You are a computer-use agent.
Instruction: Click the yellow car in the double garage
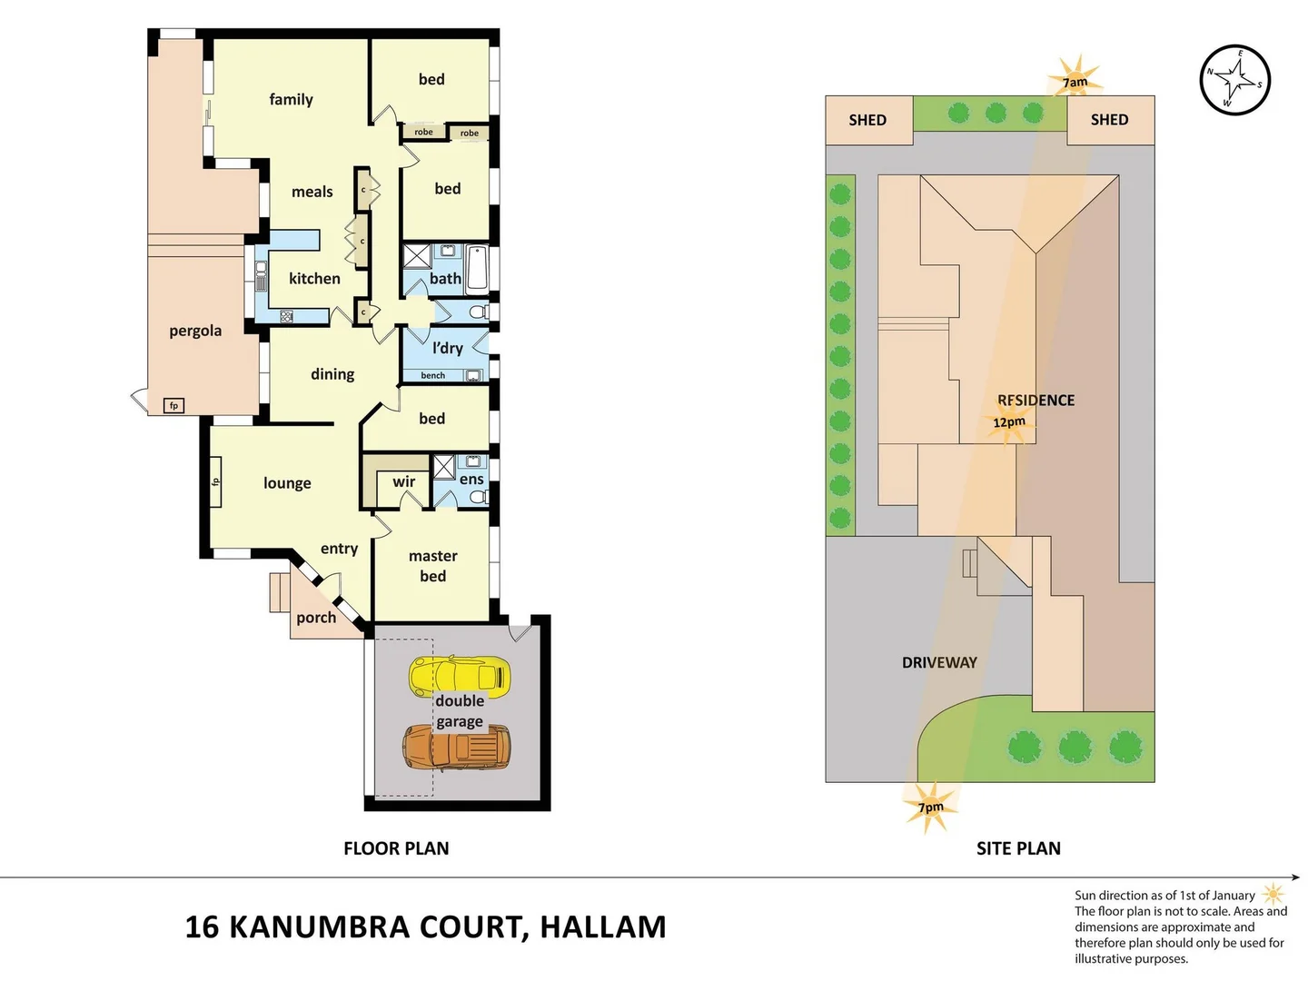pos(460,676)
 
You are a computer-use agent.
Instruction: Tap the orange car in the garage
pos(457,747)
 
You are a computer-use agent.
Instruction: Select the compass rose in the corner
pos(1234,80)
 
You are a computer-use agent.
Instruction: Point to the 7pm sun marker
pos(930,807)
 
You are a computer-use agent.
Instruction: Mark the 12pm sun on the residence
pos(1009,422)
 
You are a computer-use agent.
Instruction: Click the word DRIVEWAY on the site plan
pos(939,662)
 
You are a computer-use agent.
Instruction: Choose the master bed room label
pos(433,566)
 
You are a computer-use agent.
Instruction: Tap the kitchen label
pos(314,278)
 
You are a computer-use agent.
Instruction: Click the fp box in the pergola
pos(173,405)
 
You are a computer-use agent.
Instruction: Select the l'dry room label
pos(448,348)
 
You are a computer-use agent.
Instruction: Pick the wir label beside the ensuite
pos(404,481)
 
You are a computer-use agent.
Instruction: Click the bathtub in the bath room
pos(477,268)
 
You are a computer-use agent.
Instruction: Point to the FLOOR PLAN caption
pos(396,848)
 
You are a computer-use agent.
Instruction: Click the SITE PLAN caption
pos(1018,848)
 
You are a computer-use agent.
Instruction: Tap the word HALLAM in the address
pos(603,926)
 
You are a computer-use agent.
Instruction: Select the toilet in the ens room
pos(479,497)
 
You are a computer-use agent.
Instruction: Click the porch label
pos(316,618)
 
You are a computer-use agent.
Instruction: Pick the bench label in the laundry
pos(433,375)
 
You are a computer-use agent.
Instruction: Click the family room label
pos(291,99)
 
